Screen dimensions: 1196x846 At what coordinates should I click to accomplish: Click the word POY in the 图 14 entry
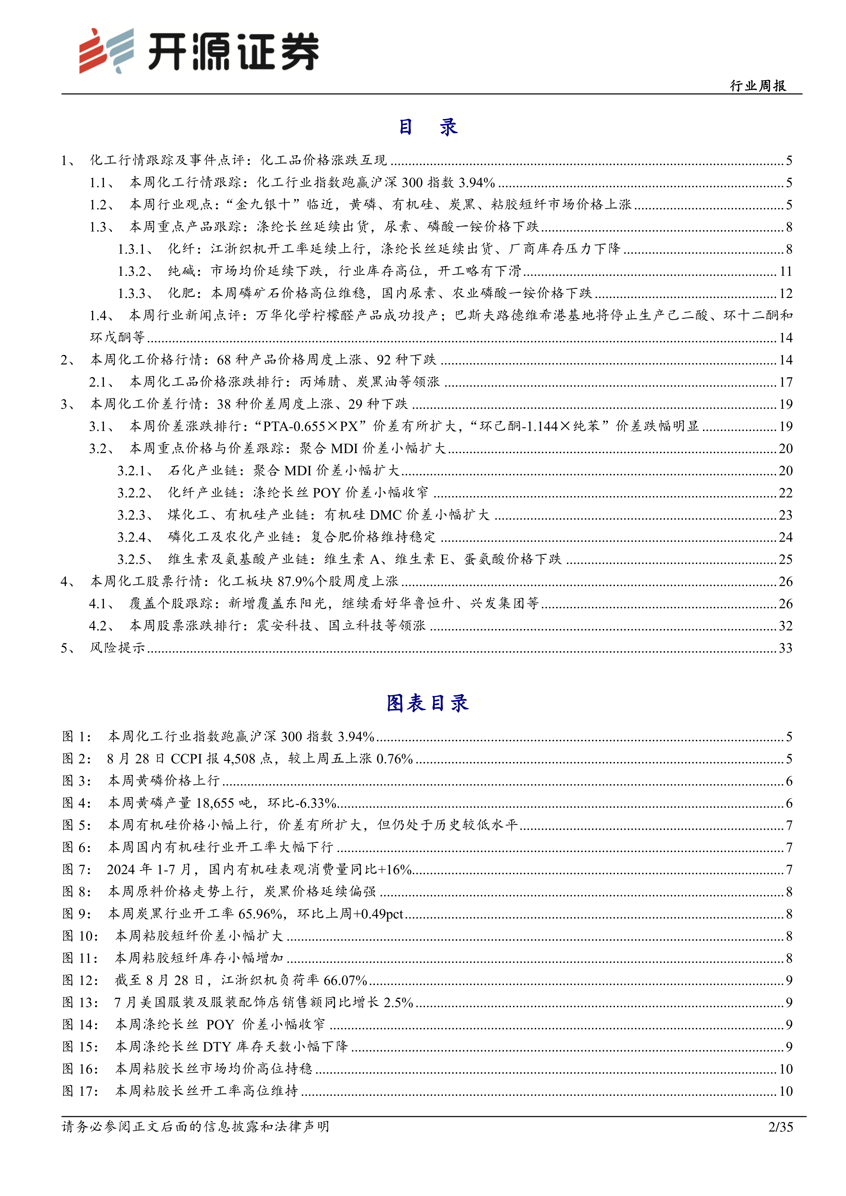(x=220, y=1025)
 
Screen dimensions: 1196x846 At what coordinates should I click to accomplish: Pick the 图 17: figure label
(x=80, y=1091)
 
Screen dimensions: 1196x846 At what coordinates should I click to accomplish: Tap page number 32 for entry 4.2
(x=785, y=626)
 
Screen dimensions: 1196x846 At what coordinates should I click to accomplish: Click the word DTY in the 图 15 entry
(x=217, y=1047)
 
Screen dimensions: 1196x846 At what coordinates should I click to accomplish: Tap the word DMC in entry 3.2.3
(x=386, y=515)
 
